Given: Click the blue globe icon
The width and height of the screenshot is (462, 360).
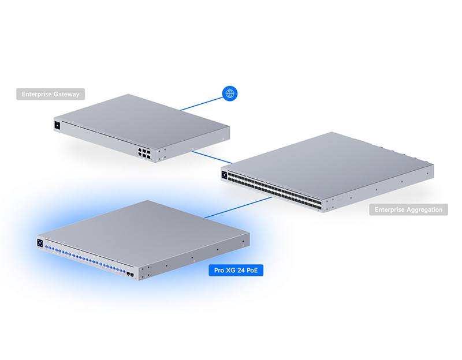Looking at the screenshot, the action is tap(229, 93).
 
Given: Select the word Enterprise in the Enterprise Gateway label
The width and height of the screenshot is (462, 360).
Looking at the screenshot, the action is tap(37, 94).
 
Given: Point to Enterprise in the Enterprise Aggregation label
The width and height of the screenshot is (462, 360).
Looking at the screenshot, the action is tap(390, 209).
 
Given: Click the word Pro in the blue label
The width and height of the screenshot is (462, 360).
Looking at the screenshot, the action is tap(219, 270).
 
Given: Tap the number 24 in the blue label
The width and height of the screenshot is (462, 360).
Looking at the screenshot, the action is tap(241, 270).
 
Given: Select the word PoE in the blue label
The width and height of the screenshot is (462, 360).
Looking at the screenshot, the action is tap(252, 270).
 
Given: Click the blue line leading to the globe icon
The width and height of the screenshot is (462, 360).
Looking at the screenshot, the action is tap(202, 104).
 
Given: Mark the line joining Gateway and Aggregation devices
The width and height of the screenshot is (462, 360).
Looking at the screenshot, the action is tap(212, 157).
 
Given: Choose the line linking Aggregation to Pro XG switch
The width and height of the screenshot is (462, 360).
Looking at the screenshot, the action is tap(239, 208).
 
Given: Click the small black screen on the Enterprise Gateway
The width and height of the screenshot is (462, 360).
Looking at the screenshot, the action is tap(57, 125).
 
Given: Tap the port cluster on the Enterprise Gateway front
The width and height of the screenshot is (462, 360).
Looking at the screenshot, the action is tap(144, 153).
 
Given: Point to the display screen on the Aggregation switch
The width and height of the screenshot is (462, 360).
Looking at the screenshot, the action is tap(225, 175).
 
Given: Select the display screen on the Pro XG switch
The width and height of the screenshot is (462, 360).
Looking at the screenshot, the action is tap(40, 243).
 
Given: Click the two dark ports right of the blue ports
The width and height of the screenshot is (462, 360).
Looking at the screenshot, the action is tap(131, 275).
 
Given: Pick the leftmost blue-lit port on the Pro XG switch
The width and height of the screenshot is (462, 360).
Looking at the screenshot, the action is tap(46, 247).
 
